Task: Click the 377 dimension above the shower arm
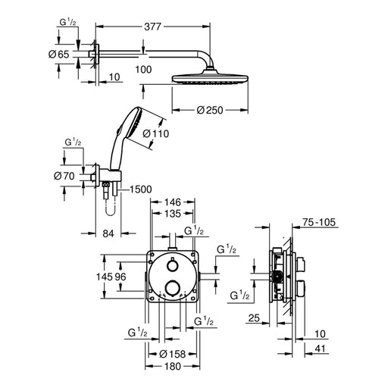click(x=152, y=27)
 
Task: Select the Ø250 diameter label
click(x=210, y=110)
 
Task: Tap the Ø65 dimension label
click(x=59, y=55)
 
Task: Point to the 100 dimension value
click(x=143, y=70)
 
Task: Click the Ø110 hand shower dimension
click(x=156, y=133)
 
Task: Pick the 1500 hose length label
click(x=141, y=189)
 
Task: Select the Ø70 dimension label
click(x=64, y=176)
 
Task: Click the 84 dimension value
click(x=108, y=233)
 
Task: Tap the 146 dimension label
click(x=173, y=202)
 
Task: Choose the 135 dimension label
click(x=173, y=214)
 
